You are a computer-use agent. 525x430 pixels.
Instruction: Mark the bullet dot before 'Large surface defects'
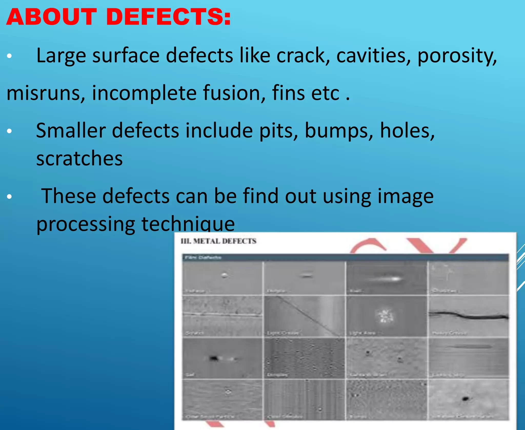click(x=9, y=56)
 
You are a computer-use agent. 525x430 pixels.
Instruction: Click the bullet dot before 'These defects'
click(x=9, y=197)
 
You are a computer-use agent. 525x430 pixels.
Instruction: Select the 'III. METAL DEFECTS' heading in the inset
click(x=218, y=241)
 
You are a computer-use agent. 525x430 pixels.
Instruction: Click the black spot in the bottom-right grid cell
click(x=465, y=399)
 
